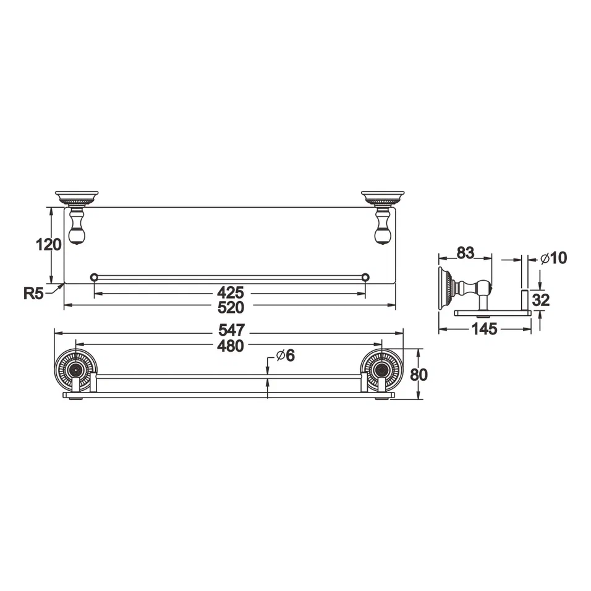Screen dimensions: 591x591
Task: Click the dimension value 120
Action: pos(49,245)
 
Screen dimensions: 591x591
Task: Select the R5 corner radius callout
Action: pos(33,293)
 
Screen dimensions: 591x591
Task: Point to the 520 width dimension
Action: pos(230,307)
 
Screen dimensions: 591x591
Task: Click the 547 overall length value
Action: pos(230,330)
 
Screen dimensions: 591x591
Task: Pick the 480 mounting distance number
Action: pos(230,346)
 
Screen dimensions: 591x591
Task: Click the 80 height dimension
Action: pos(419,374)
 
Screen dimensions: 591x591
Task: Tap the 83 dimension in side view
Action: pos(465,252)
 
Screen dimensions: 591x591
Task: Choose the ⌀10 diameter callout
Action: pos(553,258)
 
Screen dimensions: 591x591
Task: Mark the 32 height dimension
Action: pos(541,300)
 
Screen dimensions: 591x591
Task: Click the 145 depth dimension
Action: pos(484,330)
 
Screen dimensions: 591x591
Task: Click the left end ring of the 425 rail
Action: pos(94,277)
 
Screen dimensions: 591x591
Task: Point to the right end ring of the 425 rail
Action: pos(365,277)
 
